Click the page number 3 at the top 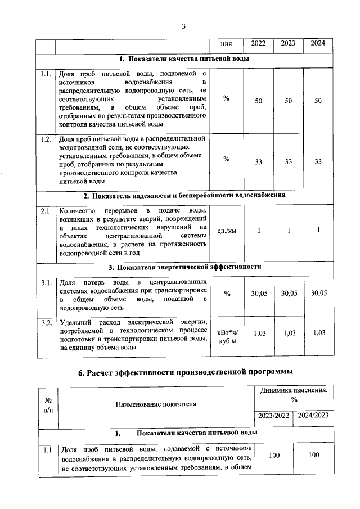183,26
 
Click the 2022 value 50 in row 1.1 258,100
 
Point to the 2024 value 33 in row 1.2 318,161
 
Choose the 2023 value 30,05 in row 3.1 289,294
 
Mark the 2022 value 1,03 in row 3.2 258,333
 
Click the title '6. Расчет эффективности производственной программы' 185,372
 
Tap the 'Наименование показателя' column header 156,404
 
